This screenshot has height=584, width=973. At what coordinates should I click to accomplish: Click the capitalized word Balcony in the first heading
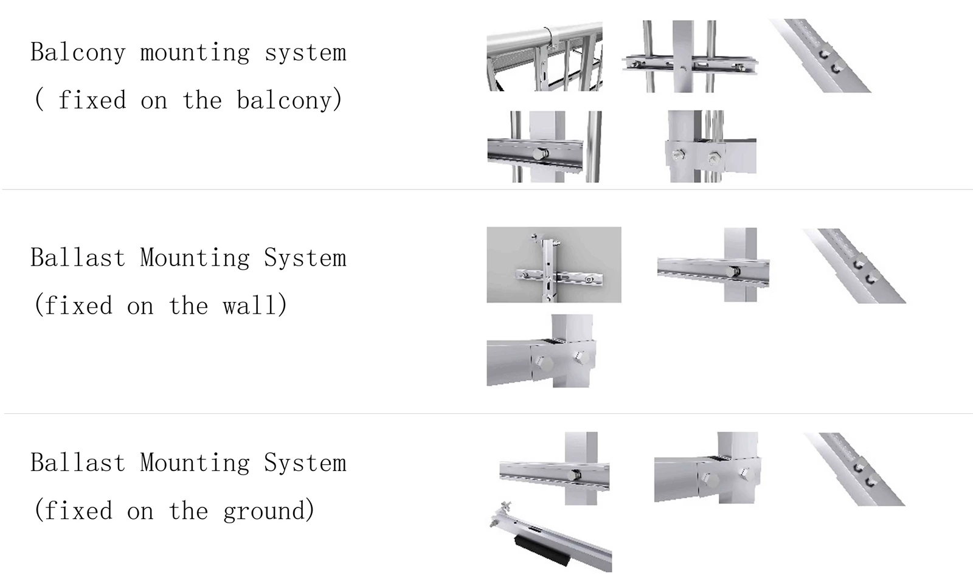coord(78,52)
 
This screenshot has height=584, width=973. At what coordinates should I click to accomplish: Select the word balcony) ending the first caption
coord(289,100)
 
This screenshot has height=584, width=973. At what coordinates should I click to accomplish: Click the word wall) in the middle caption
coord(255,304)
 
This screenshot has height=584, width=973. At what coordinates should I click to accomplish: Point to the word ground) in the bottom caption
coord(268,510)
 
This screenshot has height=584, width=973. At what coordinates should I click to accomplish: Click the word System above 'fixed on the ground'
coord(305,463)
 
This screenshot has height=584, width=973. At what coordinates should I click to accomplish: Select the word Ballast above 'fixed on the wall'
coord(78,258)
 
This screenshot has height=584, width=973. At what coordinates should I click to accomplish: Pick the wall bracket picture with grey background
coord(554,265)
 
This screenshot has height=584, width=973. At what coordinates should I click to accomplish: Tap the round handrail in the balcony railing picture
coord(544,36)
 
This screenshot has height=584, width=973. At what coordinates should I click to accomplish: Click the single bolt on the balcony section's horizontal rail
coord(540,154)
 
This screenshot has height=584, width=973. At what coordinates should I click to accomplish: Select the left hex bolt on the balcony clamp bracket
coord(679,154)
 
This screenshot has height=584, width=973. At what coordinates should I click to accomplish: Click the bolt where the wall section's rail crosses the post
coord(734,272)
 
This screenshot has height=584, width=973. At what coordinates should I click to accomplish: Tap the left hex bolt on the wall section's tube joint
coord(542,363)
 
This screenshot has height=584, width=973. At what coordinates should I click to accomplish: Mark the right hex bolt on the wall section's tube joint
coord(581,358)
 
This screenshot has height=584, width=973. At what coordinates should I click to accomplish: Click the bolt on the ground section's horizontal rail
coord(575,475)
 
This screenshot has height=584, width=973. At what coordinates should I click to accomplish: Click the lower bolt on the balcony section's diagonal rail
coord(835,68)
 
